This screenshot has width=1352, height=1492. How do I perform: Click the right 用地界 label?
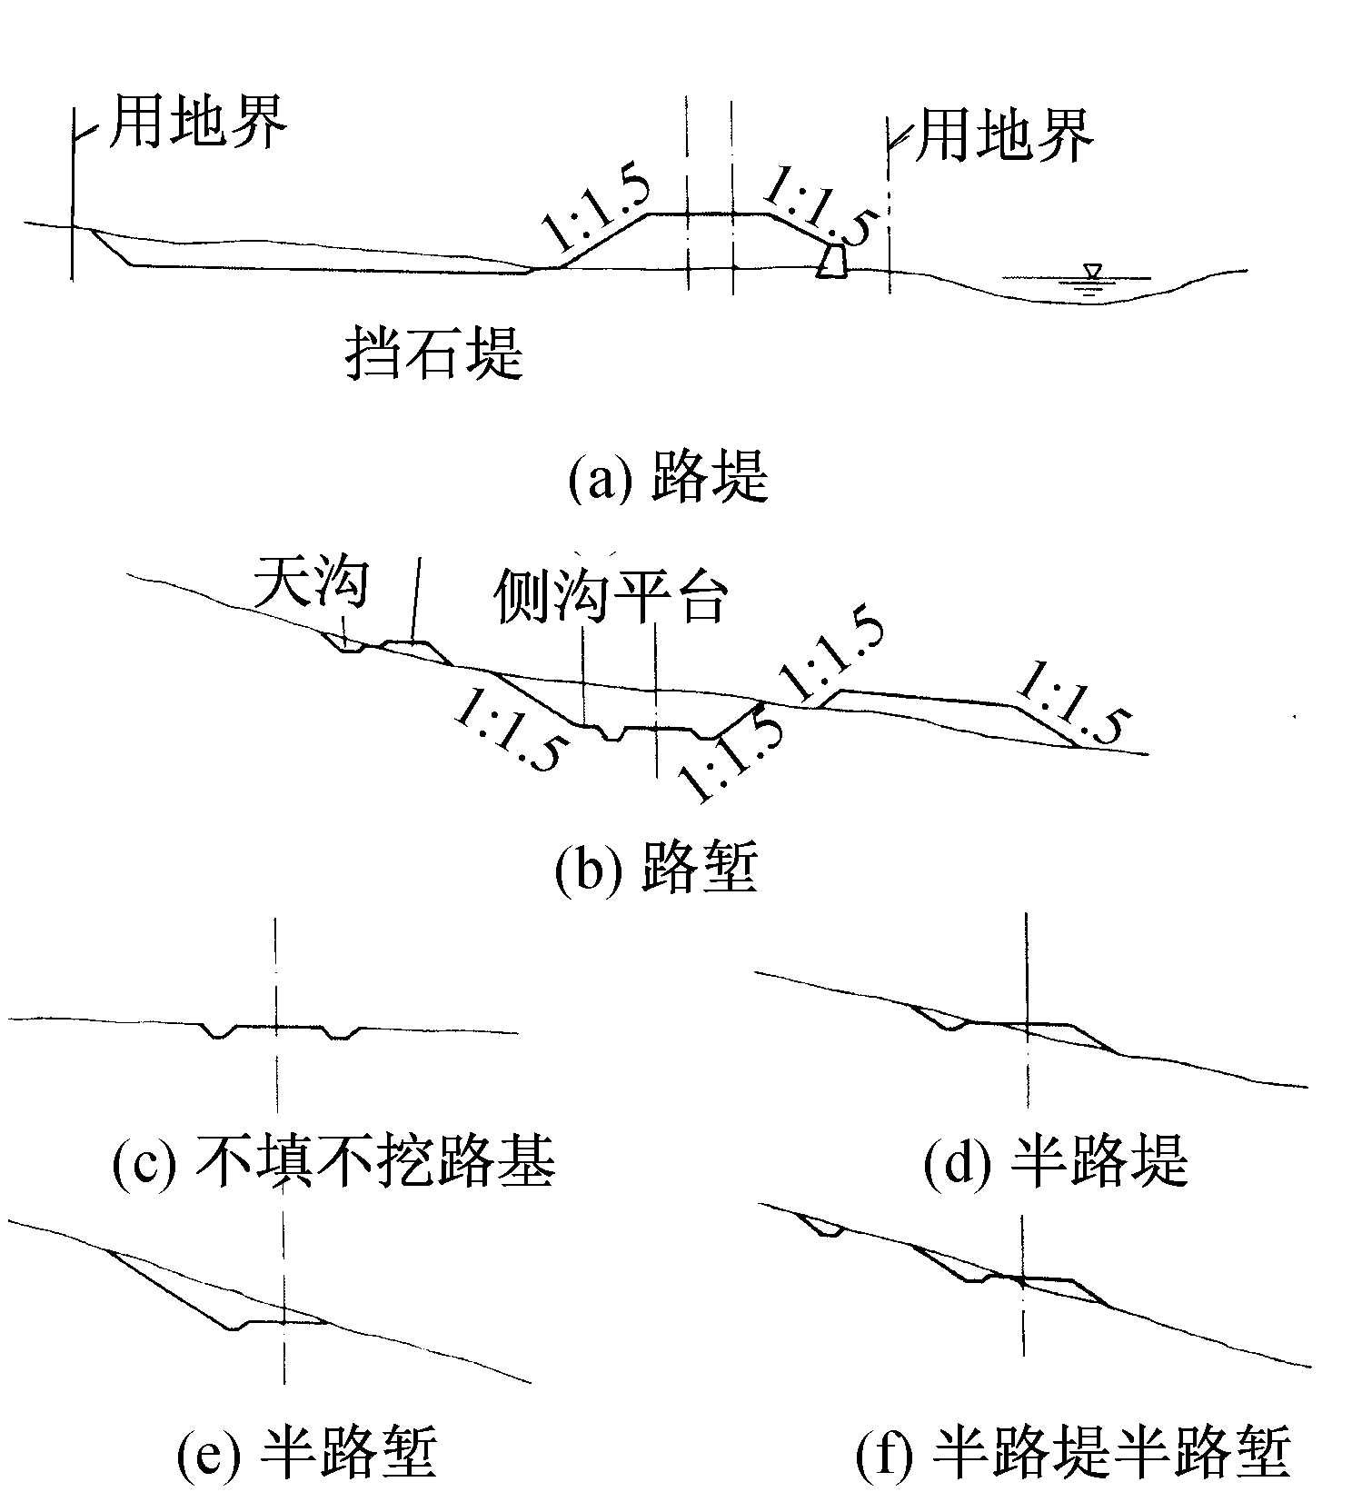tap(1003, 136)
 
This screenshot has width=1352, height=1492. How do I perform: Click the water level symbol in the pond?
tap(1092, 275)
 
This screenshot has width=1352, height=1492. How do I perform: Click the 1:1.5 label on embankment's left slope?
tap(595, 211)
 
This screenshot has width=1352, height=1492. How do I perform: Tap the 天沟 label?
tap(311, 582)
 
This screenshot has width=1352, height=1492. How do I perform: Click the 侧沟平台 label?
tap(610, 597)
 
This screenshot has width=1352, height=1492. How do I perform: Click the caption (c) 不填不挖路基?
tap(333, 1161)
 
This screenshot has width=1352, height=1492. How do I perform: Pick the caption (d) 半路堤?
tap(1055, 1161)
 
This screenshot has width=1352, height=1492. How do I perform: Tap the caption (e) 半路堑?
tap(307, 1451)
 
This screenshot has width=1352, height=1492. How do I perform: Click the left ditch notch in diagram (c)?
tap(218, 1032)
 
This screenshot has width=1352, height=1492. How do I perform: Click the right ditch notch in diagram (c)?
tap(342, 1033)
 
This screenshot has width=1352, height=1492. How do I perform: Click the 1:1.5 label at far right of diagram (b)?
tap(1072, 702)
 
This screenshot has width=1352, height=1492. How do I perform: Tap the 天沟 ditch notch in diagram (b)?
tap(347, 646)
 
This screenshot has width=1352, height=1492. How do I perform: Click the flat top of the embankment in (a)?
tap(709, 214)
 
